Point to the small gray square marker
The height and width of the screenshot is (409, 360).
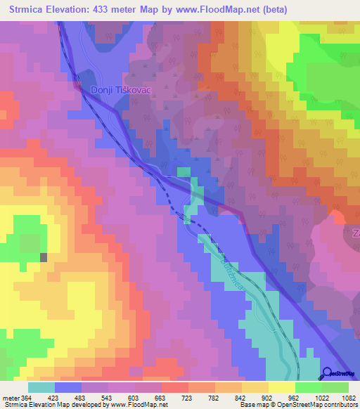click(x=44, y=257)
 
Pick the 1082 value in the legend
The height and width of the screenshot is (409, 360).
click(x=348, y=397)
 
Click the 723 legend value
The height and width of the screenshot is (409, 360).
click(x=188, y=397)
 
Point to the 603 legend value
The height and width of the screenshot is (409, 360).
click(x=134, y=397)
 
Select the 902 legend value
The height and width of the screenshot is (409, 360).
click(x=268, y=397)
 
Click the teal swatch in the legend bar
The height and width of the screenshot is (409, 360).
click(x=41, y=387)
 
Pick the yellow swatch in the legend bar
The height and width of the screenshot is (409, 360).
click(x=282, y=387)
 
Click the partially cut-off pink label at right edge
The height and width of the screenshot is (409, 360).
click(x=356, y=232)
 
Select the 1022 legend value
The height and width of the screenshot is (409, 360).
click(x=321, y=397)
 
